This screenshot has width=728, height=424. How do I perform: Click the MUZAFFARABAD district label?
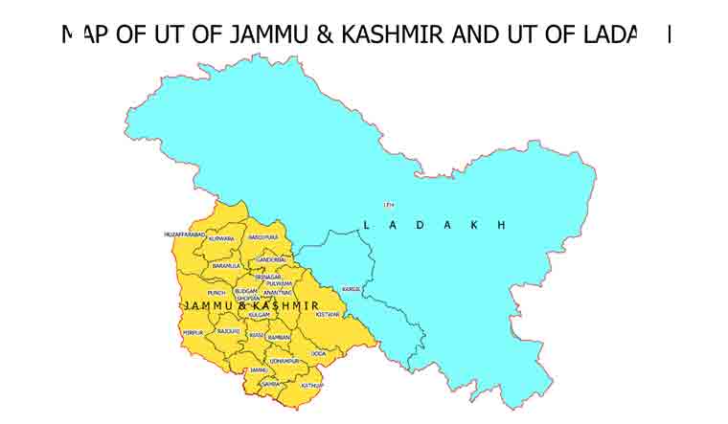tap(185, 234)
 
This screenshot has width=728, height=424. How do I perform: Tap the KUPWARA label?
tap(221, 238)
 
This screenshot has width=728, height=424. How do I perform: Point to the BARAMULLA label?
tap(226, 266)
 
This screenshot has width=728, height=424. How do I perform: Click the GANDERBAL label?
tap(271, 259)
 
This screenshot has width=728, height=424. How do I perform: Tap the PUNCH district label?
tap(216, 292)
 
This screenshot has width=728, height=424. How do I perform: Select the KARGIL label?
tap(352, 288)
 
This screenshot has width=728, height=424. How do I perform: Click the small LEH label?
tap(388, 205)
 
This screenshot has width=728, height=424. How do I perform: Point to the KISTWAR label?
tap(328, 314)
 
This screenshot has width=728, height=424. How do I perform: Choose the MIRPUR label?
tap(193, 333)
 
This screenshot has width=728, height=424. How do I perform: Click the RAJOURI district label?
tap(228, 330)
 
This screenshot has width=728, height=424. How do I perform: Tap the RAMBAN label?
tap(278, 337)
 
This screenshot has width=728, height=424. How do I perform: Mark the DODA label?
tap(318, 353)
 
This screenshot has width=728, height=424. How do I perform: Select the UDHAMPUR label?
tap(284, 361)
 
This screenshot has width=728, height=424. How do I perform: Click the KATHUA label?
tap(311, 385)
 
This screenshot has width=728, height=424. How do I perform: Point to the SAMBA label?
tap(270, 383)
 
